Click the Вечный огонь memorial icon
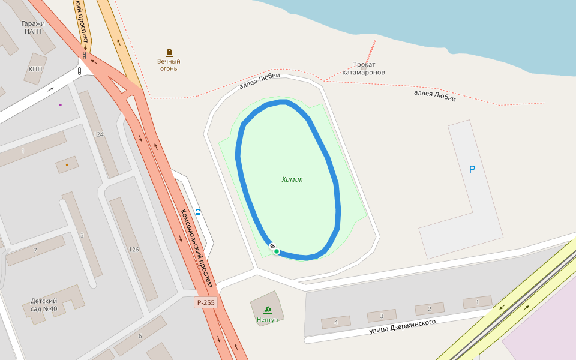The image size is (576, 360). [x=169, y=53]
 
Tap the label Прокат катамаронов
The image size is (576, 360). [x=364, y=68]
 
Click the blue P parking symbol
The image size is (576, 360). [x=472, y=170]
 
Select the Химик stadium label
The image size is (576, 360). [x=292, y=179]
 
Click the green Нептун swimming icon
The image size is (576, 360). [x=267, y=310]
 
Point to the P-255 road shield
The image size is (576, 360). [x=205, y=303]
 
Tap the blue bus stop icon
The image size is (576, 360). [x=198, y=212]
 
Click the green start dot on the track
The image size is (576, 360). [x=277, y=251]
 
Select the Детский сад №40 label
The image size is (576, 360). [x=44, y=305]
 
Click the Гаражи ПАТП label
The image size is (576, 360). [x=33, y=28]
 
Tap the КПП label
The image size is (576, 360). [x=35, y=69]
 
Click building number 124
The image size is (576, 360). [x=98, y=134]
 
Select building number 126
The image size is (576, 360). [x=133, y=250]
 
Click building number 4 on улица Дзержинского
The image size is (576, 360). [x=335, y=322]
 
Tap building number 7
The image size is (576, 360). [x=35, y=250]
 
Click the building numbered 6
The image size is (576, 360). [x=140, y=336]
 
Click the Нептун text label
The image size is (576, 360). [x=267, y=320]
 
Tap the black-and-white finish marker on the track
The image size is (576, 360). [x=272, y=247]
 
